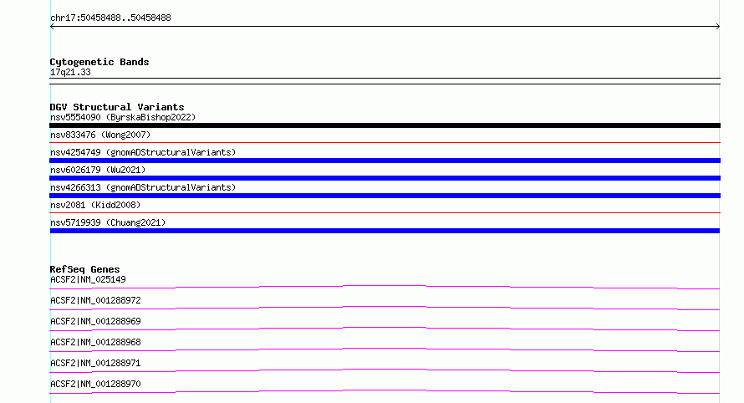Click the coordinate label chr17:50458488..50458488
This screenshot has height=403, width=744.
[x=110, y=18]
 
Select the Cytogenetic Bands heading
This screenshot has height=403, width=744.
[x=99, y=62]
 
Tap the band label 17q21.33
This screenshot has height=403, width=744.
[x=70, y=72]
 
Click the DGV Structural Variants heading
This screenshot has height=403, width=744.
[x=117, y=107]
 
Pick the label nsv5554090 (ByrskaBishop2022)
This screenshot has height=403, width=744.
[x=123, y=117]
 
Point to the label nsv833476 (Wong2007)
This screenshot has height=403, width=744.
[x=100, y=135]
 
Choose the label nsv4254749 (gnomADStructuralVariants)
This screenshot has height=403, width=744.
[x=143, y=152]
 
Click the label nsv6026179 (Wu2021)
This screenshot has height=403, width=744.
[x=98, y=170]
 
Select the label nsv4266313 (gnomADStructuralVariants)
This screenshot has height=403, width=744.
[x=143, y=187]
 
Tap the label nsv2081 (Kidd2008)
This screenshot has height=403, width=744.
[x=95, y=205]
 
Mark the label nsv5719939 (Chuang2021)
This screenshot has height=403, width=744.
[x=108, y=222]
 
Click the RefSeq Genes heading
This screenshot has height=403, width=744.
[x=85, y=269]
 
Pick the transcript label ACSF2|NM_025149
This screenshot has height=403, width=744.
[x=89, y=279]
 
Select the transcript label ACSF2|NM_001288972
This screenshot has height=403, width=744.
[x=95, y=300]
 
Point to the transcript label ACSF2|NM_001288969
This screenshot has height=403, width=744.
[x=95, y=321]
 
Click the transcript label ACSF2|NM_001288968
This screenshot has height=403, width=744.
[x=95, y=342]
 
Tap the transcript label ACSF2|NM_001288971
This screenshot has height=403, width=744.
[x=95, y=363]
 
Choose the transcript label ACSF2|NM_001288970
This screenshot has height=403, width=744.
[x=95, y=384]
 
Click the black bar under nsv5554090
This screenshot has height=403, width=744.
[x=385, y=125]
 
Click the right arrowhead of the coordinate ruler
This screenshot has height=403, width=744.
[x=719, y=27]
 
